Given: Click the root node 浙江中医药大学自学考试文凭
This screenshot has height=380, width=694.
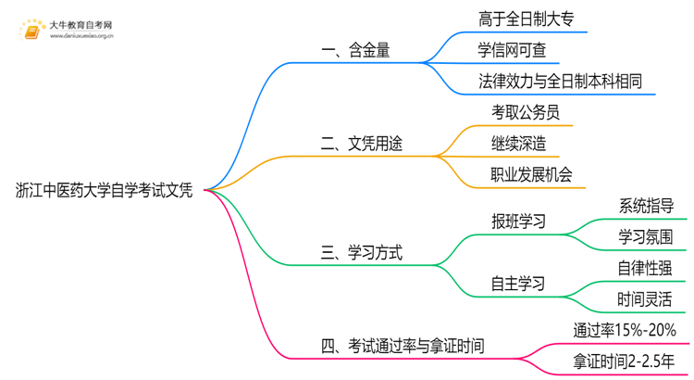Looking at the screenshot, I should click(x=105, y=191).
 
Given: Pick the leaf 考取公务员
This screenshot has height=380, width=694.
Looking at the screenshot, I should click(x=526, y=112).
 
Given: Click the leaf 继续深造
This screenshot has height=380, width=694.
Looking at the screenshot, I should click(x=518, y=144).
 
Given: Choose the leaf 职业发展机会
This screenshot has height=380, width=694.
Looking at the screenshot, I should click(x=531, y=175).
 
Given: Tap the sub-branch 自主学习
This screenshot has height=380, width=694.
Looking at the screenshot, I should click(x=517, y=284).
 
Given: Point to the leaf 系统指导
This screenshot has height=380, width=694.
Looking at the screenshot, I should click(x=645, y=206).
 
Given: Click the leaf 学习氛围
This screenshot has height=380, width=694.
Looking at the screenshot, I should click(x=645, y=237).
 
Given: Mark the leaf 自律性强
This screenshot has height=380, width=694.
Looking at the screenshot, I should click(x=645, y=268).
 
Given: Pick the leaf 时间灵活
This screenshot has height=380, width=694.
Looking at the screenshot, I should click(x=645, y=299).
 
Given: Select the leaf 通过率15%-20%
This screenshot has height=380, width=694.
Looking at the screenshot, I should click(x=625, y=330).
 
